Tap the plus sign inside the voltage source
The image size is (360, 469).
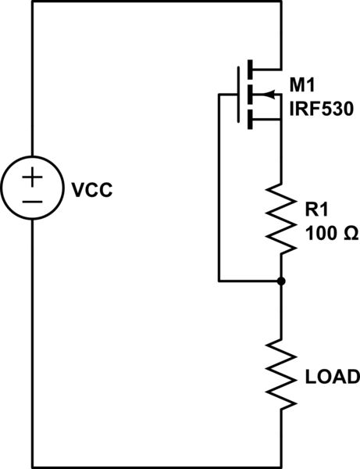pos(32,177)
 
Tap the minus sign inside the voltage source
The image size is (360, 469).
pos(32,200)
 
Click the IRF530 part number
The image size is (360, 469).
pos(321,111)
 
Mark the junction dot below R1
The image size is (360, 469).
pos(280,280)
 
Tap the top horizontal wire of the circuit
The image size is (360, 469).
pos(156,2)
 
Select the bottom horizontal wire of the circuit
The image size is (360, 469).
pos(156,467)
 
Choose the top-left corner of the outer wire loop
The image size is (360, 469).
pos(32,2)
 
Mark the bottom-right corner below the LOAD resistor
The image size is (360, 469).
pos(280,467)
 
